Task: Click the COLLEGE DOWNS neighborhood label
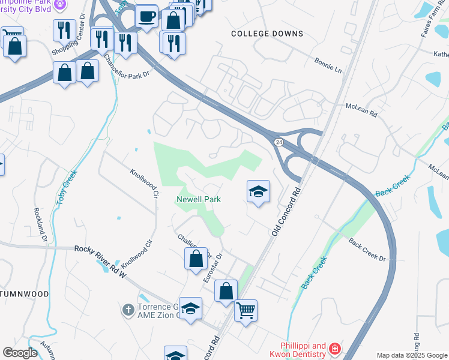[267, 34]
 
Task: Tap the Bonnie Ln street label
[328, 65]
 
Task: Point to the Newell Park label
[199, 199]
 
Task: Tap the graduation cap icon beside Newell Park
[258, 192]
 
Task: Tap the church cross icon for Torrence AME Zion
[128, 310]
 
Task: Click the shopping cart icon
[246, 311]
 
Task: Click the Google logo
[20, 353]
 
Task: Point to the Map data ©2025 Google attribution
[411, 355]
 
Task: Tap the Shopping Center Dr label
[68, 41]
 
